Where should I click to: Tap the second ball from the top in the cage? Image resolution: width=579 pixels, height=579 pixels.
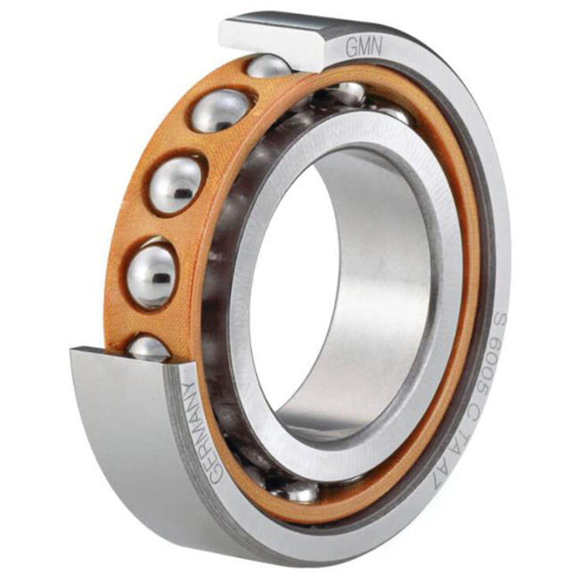[x=221, y=110]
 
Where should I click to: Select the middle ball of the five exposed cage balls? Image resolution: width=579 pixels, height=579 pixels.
[x=176, y=185]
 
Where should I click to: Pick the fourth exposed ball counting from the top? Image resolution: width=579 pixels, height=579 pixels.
[x=152, y=275]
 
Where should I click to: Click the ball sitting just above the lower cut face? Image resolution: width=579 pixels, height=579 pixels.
[x=148, y=348]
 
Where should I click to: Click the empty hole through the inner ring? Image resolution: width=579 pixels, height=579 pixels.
[x=288, y=283]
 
